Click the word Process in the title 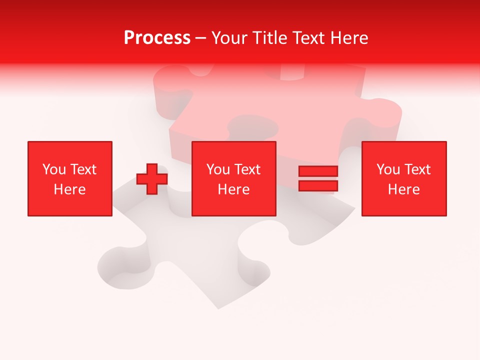(x=157, y=38)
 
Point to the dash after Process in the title (x=201, y=38)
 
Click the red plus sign (x=152, y=179)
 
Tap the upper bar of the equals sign (x=318, y=171)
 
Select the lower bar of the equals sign (x=318, y=186)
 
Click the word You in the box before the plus (x=54, y=169)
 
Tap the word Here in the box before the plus (x=69, y=189)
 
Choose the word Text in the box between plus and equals (x=247, y=169)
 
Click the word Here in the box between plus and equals (x=233, y=189)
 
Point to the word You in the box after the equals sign (x=388, y=169)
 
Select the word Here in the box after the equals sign (x=403, y=189)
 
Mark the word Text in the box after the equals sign (x=417, y=169)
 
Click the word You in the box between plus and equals (x=218, y=169)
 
